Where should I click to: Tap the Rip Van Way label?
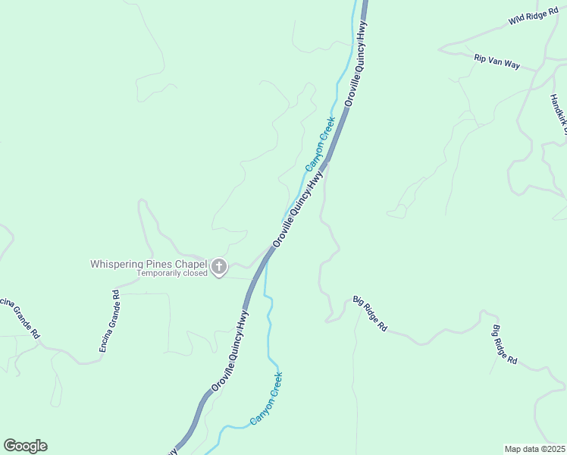pyautogui.click(x=497, y=61)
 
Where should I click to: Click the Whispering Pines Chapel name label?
pyautogui.click(x=149, y=264)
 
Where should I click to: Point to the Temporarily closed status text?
pyautogui.click(x=172, y=273)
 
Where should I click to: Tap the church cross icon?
pyautogui.click(x=219, y=266)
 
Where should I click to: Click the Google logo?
pyautogui.click(x=25, y=446)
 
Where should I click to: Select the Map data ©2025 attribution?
pyautogui.click(x=534, y=449)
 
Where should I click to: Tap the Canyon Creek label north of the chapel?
pyautogui.click(x=319, y=143)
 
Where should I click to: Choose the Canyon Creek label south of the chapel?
pyautogui.click(x=266, y=398)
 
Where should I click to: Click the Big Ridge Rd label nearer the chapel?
pyautogui.click(x=371, y=314)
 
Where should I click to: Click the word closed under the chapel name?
pyautogui.click(x=194, y=273)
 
